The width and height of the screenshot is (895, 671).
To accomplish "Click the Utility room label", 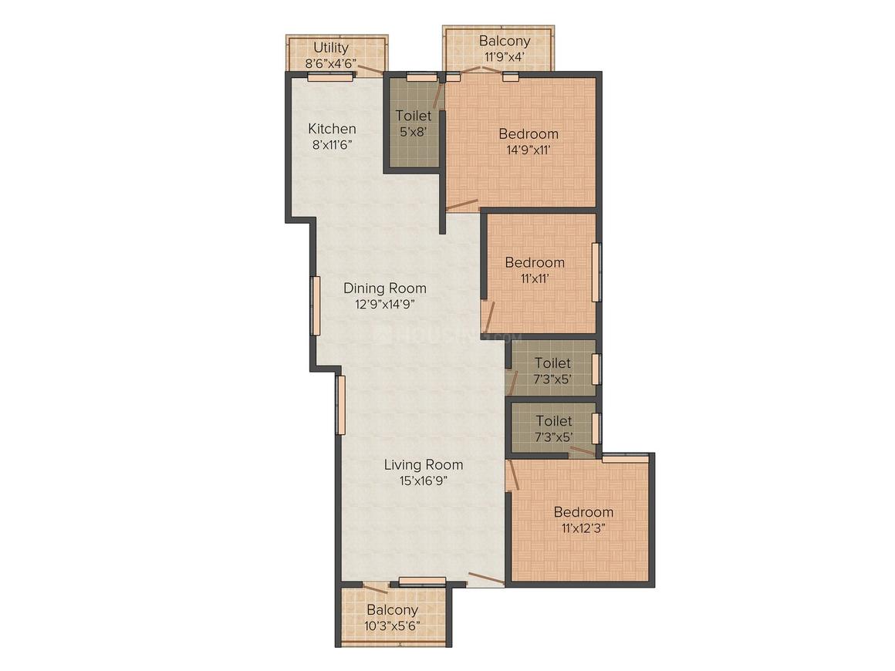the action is click(331, 47).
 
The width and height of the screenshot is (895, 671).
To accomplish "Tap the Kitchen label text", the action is click(333, 128).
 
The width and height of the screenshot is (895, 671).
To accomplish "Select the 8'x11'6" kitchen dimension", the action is click(332, 145).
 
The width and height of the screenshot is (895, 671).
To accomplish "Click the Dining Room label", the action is click(385, 288).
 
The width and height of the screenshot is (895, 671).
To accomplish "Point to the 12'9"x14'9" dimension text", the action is click(385, 304).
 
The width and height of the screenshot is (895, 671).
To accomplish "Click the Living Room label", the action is click(424, 464).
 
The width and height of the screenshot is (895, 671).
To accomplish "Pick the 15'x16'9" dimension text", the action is click(424, 480).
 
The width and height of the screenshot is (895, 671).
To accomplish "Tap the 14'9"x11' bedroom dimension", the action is click(529, 150).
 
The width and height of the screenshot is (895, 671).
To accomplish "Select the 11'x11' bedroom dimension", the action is click(535, 278).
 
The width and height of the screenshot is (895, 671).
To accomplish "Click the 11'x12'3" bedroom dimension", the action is click(583, 528).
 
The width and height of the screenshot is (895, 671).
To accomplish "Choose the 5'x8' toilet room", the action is click(414, 123).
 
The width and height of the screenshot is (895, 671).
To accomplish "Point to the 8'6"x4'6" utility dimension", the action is click(332, 63).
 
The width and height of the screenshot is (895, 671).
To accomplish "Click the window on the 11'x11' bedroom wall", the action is click(596, 272).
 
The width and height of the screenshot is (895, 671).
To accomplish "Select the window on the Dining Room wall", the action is click(315, 306).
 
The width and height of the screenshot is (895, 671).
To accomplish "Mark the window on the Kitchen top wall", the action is click(330, 76).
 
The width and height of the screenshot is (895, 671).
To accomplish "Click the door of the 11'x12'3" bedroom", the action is click(512, 474).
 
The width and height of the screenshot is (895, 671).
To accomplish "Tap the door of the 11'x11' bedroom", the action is click(488, 317).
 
